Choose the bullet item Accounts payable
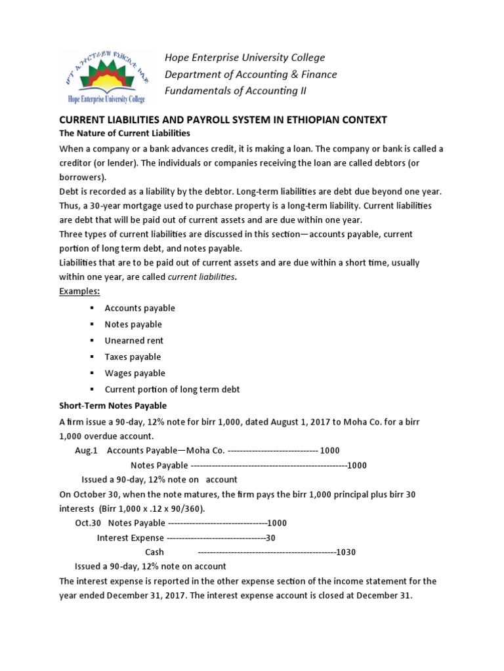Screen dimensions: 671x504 [140, 308]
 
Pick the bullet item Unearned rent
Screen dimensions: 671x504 [134, 341]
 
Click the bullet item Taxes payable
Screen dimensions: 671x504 [133, 357]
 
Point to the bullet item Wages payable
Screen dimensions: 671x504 [135, 373]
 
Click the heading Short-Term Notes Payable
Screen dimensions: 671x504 [113, 406]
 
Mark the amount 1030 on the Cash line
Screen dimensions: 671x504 [345, 552]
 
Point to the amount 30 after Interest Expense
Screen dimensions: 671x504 [270, 538]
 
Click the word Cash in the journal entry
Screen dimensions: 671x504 [154, 552]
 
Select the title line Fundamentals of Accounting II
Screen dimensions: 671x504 [236, 90]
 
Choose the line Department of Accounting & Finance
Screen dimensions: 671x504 [251, 74]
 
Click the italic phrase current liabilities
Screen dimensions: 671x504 [201, 277]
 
